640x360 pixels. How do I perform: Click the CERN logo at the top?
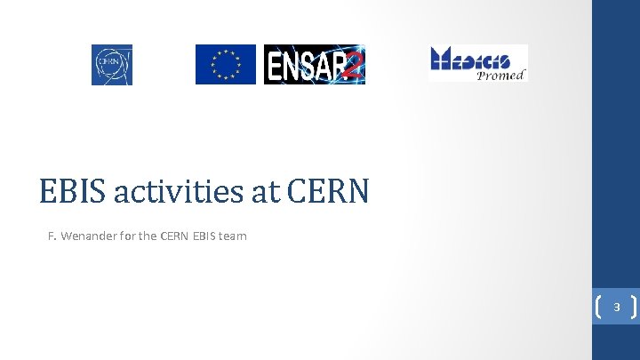click(111, 65)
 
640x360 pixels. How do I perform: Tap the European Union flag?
click(225, 64)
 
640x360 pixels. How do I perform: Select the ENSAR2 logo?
click(314, 64)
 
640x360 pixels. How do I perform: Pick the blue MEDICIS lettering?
click(471, 59)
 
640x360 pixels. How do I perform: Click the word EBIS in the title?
click(69, 190)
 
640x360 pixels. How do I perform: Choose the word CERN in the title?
click(328, 190)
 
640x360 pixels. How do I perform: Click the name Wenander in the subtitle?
click(92, 236)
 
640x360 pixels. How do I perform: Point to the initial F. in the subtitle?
click(52, 236)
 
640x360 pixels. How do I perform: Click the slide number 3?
click(616, 308)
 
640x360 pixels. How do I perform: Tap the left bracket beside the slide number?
click(598, 308)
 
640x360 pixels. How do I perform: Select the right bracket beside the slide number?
click(632, 308)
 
